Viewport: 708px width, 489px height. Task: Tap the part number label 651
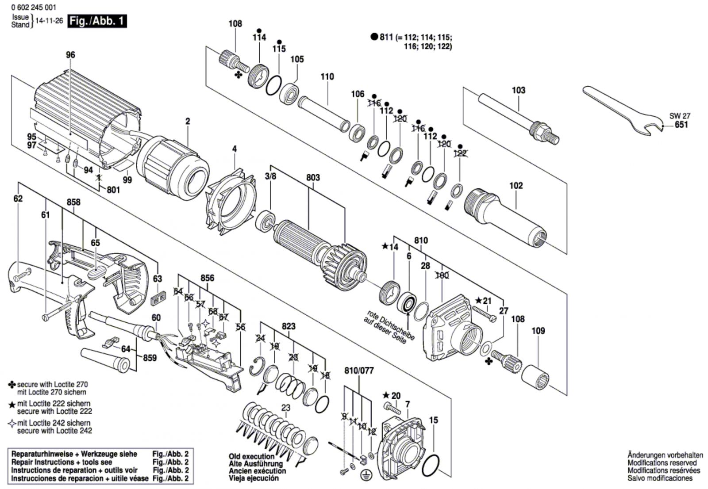click(x=681, y=125)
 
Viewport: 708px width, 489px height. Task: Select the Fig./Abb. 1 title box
click(x=97, y=21)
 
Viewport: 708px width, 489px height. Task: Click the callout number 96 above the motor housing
click(x=70, y=55)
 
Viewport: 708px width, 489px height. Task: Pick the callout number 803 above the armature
click(x=313, y=178)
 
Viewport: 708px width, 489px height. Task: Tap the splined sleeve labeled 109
click(x=535, y=377)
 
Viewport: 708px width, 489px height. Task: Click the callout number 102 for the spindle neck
click(x=516, y=185)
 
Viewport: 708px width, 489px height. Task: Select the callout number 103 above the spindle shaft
click(x=518, y=90)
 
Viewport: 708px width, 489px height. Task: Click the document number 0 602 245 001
click(x=34, y=7)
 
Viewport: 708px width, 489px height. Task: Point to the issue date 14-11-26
click(x=49, y=21)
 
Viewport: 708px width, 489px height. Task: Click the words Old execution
click(x=252, y=456)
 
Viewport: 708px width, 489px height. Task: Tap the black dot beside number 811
click(x=374, y=37)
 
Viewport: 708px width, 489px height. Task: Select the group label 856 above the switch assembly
click(x=208, y=278)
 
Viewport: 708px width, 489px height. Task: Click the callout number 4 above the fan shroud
click(x=234, y=149)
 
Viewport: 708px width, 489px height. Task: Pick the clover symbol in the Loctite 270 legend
click(x=12, y=385)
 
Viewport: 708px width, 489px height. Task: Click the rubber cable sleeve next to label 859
click(x=105, y=359)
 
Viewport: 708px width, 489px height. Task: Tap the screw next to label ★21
click(x=484, y=314)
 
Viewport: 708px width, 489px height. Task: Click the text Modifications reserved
click(x=662, y=463)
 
